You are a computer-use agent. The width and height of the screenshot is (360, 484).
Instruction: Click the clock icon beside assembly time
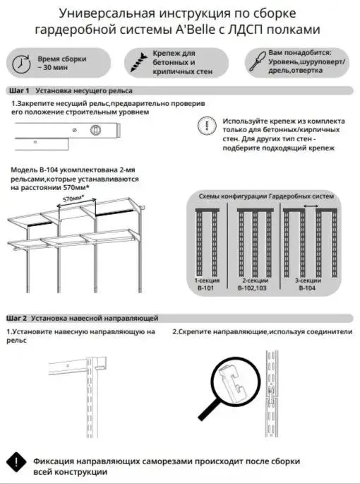(21, 64)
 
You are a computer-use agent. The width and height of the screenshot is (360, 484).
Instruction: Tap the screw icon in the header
(139, 62)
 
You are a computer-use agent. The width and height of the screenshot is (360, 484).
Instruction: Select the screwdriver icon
(258, 61)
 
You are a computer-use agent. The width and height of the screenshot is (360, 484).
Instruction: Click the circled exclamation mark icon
(207, 126)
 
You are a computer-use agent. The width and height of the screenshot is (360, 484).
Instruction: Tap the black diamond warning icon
(16, 462)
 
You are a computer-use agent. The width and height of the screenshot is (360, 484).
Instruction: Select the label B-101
(205, 288)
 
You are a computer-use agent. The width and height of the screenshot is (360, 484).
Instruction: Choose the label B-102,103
(252, 288)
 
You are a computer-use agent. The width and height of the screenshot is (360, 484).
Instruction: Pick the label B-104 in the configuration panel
(307, 288)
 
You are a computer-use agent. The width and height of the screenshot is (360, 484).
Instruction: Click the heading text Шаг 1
(19, 90)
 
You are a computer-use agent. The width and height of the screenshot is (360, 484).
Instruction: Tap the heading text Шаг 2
(17, 318)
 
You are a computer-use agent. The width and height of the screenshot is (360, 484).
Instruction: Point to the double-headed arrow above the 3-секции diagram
(311, 206)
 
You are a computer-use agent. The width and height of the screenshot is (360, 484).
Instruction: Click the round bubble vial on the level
(95, 129)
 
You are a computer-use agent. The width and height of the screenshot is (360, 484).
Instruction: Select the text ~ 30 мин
(52, 67)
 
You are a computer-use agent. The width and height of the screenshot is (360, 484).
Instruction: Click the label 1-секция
(207, 281)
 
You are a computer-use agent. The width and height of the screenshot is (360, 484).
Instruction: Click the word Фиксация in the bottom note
(54, 461)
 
